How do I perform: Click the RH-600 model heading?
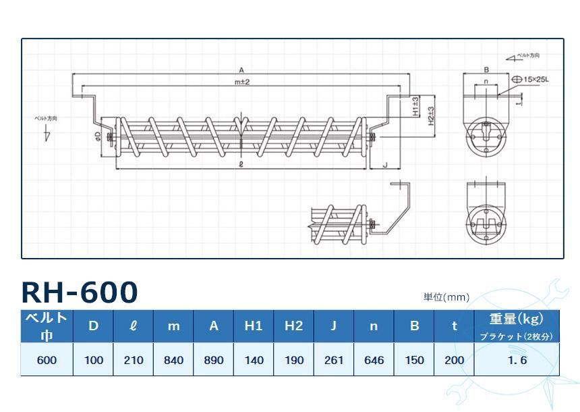pos(80,291)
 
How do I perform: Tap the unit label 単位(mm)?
pos(446,297)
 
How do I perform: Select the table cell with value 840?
pos(173,360)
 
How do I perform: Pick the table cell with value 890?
pos(213,360)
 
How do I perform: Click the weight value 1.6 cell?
pos(517,360)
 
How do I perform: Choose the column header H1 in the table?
pos(253,326)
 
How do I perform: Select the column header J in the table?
pos(333,326)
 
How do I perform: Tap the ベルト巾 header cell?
pos(47,326)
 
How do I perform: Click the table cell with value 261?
pos(333,360)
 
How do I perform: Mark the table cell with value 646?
pos(374,360)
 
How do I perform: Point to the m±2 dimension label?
pos(242,82)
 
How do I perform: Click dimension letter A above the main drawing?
pos(241,70)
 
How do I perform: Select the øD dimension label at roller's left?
pos(98,136)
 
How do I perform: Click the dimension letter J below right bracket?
pos(384,164)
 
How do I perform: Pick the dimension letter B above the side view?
pos(486,70)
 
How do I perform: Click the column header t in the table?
pos(455,326)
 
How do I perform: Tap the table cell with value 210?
pos(134,360)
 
